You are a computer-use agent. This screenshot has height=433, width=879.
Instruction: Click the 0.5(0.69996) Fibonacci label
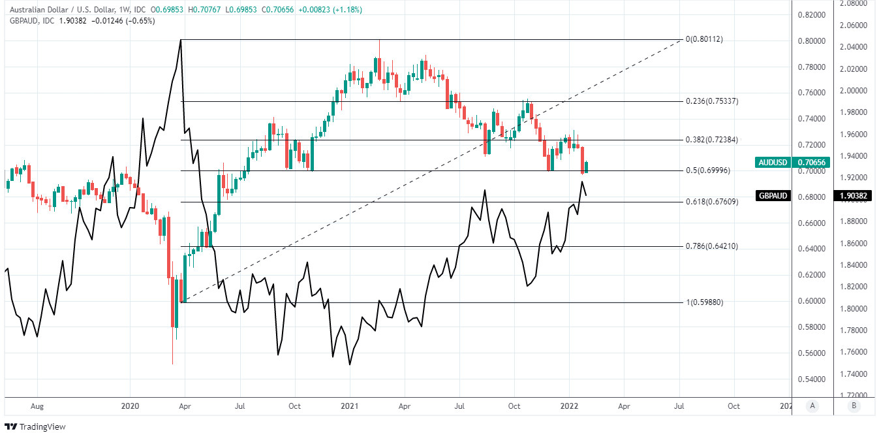(x=707, y=170)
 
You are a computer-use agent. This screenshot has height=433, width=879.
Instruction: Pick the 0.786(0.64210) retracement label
(x=712, y=246)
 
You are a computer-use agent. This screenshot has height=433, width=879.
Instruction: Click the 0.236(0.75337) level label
(x=712, y=101)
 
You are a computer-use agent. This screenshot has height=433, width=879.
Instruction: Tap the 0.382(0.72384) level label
(x=712, y=140)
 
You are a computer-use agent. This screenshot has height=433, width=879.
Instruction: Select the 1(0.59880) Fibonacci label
(x=704, y=302)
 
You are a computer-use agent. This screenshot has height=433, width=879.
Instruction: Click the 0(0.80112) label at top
(x=704, y=39)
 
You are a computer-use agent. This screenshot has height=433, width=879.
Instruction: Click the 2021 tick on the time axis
(x=350, y=406)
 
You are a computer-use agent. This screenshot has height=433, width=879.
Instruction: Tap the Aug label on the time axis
(x=37, y=406)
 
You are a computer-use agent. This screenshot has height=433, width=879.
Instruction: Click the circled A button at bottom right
(x=812, y=406)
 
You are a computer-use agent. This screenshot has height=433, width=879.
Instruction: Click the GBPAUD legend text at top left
(x=23, y=20)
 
